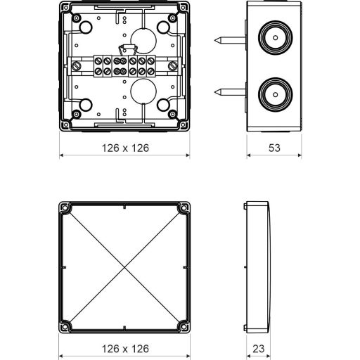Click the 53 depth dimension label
click(274, 148)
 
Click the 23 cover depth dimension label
click(259, 349)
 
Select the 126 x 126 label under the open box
click(125, 148)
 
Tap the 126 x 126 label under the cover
click(125, 349)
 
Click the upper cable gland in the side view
click(276, 38)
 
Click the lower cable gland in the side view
click(276, 95)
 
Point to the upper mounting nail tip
click(214, 41)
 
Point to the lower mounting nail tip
click(214, 92)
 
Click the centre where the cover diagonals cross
click(124, 267)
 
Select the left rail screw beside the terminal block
click(76, 66)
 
